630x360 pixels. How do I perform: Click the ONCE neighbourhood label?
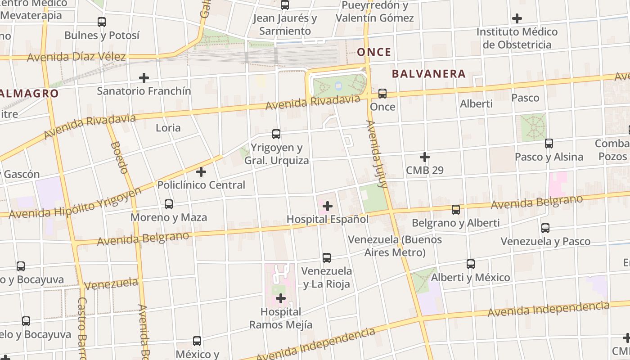tap(374, 52)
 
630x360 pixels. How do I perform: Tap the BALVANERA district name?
tap(428, 74)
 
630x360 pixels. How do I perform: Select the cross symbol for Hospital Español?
tap(328, 207)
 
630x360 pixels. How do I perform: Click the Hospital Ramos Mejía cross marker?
tap(281, 298)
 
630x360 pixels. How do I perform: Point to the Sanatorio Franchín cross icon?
tap(144, 78)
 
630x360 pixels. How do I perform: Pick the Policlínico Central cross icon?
tap(201, 172)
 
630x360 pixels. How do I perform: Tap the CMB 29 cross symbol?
tap(424, 157)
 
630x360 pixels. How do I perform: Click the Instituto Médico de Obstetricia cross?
tap(517, 18)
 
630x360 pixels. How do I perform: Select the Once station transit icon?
tap(382, 94)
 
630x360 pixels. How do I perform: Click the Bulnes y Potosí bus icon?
tap(102, 22)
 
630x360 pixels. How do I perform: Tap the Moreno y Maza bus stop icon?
tap(169, 204)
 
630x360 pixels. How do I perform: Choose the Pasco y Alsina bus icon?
tap(549, 144)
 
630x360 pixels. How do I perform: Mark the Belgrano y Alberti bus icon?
tap(456, 209)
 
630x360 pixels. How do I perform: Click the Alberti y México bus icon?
tap(471, 264)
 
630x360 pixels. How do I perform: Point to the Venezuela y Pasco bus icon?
tap(545, 228)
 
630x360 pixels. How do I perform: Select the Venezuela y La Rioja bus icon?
tap(327, 258)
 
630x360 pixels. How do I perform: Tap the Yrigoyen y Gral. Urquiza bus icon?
tap(276, 134)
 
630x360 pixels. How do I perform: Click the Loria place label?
tap(168, 128)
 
